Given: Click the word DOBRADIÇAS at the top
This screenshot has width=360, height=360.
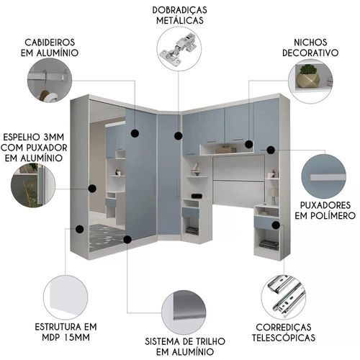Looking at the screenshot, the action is point(179,10).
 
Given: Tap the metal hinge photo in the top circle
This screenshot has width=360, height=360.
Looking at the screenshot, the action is point(179,48).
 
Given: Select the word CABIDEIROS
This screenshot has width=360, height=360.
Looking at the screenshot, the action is point(50,42).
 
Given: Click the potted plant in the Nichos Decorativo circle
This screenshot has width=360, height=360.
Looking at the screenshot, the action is point(308,76).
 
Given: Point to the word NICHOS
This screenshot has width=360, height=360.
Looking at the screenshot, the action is point(310,42).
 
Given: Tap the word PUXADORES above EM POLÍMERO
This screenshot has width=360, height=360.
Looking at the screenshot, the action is point(325,205).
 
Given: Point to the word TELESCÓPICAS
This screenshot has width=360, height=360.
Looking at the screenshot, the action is point(284,338).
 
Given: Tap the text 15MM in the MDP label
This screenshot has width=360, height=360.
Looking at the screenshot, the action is point(77,338).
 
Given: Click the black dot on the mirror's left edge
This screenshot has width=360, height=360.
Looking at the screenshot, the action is point(92,189).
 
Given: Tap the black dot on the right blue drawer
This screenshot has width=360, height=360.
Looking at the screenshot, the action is point(276,225).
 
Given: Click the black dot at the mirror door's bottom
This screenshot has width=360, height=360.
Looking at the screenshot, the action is point(127,239).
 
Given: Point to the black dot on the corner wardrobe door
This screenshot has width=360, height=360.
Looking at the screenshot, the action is point(178,136).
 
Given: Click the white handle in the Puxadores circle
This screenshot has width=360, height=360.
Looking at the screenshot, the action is point(328,177).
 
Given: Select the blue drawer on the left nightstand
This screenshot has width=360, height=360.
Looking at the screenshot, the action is point(190,213).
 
